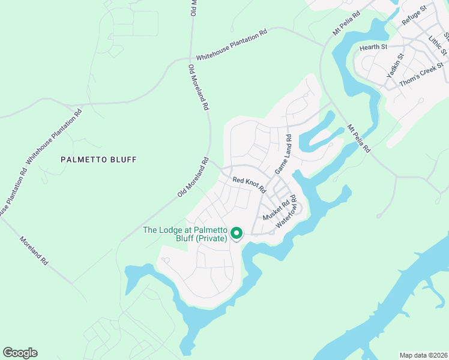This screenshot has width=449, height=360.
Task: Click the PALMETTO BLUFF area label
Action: pos(99,160)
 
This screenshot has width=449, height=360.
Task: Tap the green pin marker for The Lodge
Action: pos(237,233)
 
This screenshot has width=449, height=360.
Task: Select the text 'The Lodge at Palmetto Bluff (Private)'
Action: pos(185,234)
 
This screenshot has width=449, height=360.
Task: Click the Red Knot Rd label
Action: pos(249,184)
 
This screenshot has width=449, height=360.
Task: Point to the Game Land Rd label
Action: pos(283,155)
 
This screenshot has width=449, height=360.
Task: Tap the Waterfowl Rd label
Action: pos(287,211)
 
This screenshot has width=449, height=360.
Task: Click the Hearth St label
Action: pos(373,47)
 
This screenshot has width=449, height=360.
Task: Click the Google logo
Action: pos(20,353)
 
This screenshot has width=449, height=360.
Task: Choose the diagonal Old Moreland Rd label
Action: pos(193,178)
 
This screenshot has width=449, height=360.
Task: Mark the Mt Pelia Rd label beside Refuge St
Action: pos(346,23)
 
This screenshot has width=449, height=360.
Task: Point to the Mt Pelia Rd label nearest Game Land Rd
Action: pos(358,137)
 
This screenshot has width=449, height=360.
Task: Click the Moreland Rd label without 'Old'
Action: pos(34,250)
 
